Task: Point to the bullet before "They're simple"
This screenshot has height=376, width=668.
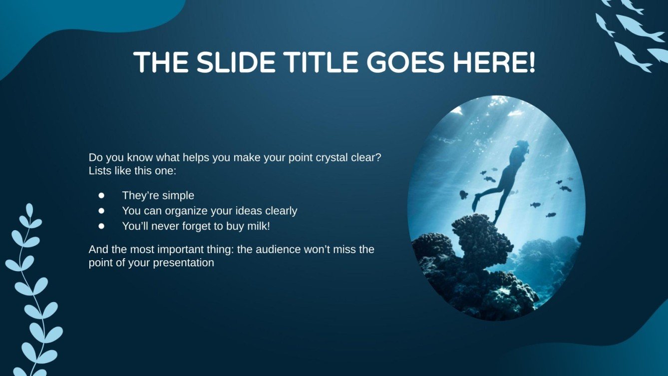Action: tap(102, 195)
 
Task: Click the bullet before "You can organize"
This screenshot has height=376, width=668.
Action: tap(102, 211)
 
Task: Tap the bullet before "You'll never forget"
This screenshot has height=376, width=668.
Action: tap(102, 226)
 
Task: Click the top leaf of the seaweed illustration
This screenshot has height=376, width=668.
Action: tap(29, 209)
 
